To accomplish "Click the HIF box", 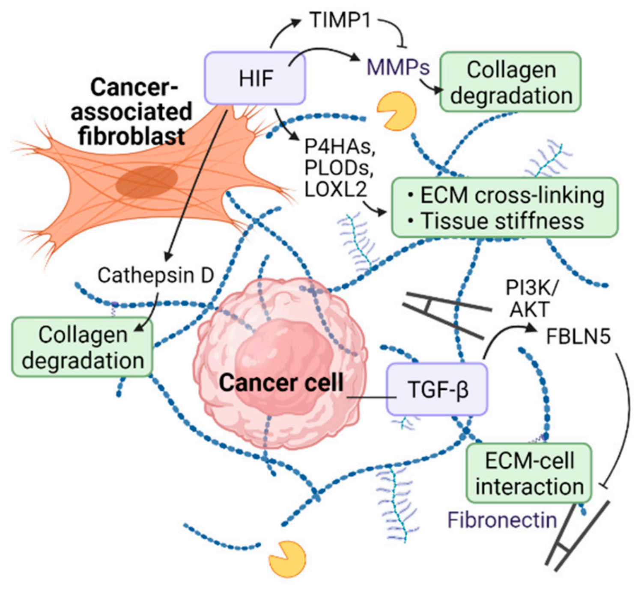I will (255, 78).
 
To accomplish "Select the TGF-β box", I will (437, 389).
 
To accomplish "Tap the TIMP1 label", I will (340, 20).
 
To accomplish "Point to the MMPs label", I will (398, 67).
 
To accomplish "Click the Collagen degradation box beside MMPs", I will (510, 82).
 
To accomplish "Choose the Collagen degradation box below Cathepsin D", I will (82, 347).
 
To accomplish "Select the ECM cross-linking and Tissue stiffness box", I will (505, 208).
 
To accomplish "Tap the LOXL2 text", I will (336, 189).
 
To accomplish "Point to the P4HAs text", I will (339, 147).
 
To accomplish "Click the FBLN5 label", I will (578, 337).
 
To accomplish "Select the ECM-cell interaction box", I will (529, 474).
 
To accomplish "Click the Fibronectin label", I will (502, 520).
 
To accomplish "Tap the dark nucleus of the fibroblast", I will (147, 181).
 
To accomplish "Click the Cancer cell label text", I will (281, 382).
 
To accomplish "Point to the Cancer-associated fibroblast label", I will (131, 112).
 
